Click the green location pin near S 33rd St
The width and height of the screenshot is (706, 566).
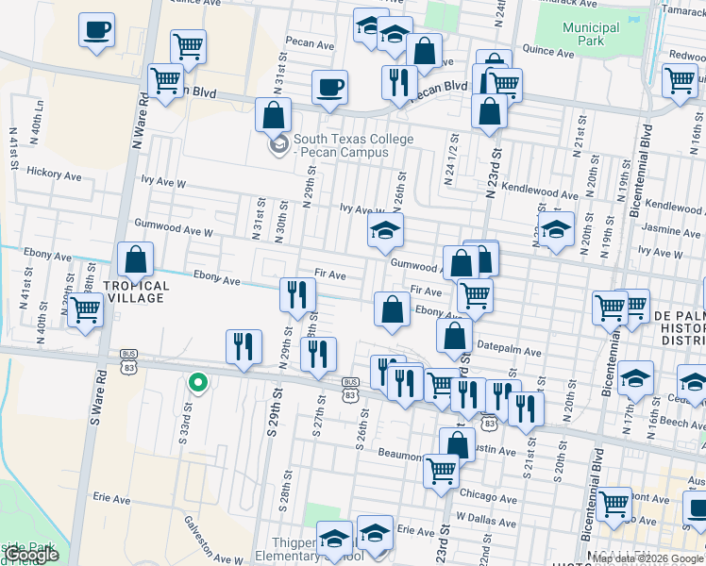click(x=196, y=382)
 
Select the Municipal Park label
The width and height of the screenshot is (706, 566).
click(x=590, y=35)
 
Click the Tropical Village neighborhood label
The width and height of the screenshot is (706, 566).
click(x=136, y=291)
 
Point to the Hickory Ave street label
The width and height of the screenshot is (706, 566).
click(x=55, y=174)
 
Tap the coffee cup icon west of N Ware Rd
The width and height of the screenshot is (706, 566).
click(x=96, y=30)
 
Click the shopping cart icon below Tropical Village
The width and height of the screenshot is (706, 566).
click(x=86, y=308)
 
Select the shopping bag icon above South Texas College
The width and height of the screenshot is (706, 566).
click(x=273, y=115)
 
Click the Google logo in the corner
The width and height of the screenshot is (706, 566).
click(x=32, y=555)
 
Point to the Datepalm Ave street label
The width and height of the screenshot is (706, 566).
click(x=509, y=352)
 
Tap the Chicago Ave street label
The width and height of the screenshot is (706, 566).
click(x=488, y=496)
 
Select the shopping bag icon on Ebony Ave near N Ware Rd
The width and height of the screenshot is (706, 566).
click(x=136, y=259)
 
